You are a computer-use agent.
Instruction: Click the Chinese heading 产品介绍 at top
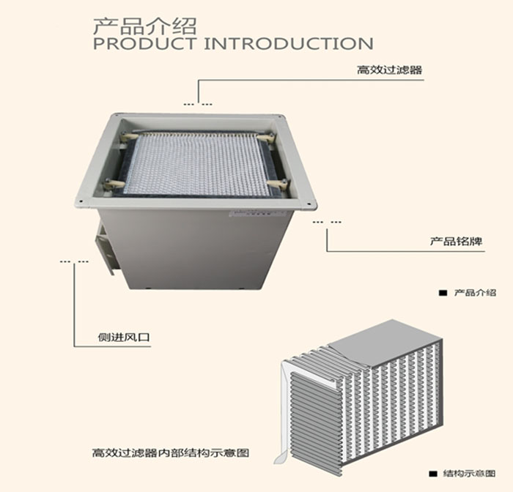click(x=144, y=26)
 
